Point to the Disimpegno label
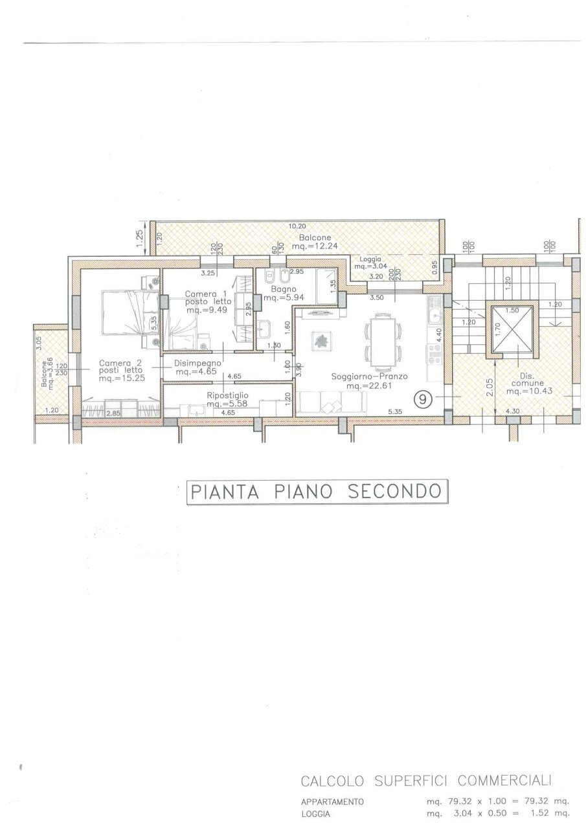199,364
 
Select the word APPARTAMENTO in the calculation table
332,801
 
